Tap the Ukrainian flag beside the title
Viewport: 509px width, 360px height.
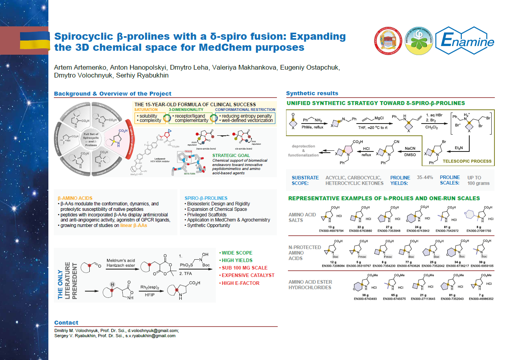pos(35,41)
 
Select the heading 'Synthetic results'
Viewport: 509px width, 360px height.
pos(312,93)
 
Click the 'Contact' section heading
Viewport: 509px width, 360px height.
pos(66,323)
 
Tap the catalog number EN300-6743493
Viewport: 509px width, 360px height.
pos(364,298)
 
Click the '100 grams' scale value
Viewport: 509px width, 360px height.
pos(478,183)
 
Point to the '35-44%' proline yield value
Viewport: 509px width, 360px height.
pos(425,177)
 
